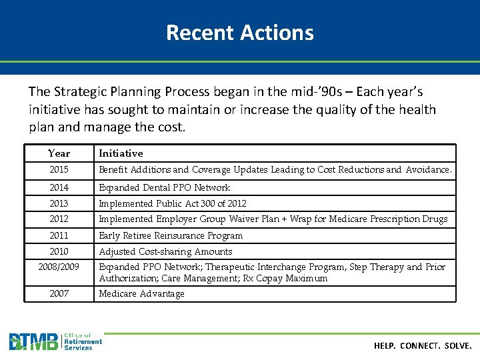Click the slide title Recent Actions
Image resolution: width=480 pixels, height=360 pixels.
click(239, 32)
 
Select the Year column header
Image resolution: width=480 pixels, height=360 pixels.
click(59, 153)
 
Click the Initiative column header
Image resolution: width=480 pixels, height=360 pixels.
click(121, 153)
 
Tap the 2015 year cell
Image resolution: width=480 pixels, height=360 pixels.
click(59, 170)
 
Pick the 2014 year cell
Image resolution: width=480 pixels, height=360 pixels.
click(59, 187)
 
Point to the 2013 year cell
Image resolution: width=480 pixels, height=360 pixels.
click(59, 203)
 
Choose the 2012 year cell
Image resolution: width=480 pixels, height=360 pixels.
click(59, 219)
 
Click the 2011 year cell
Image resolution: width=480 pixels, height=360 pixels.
click(59, 235)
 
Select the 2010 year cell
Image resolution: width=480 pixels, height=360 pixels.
click(59, 251)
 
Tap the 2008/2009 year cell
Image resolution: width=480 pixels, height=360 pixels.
click(59, 267)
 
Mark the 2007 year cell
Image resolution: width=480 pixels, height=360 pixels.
click(59, 293)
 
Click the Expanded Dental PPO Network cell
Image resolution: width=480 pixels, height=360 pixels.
click(164, 187)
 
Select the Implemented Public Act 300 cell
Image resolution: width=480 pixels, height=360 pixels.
click(172, 203)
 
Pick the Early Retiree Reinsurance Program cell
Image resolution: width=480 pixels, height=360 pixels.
click(171, 235)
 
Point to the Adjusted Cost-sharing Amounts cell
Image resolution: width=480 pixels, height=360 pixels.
click(165, 251)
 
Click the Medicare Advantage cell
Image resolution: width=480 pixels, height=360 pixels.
click(141, 293)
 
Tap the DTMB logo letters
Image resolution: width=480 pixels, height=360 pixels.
click(33, 342)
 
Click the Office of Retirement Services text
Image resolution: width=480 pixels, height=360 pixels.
click(83, 341)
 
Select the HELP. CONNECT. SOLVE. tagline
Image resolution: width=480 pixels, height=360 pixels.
click(423, 346)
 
